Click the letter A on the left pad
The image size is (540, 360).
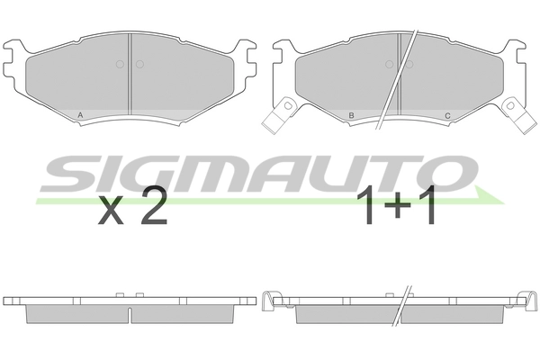tap(80, 115)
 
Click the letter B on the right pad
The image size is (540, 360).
tap(351, 115)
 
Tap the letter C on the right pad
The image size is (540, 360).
tap(447, 116)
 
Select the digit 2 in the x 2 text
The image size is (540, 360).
tap(154, 205)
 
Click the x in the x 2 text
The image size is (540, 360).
tap(111, 210)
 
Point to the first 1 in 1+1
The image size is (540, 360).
tap(366, 205)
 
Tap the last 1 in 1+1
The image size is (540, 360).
tap(427, 205)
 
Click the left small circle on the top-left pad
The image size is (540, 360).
tap(120, 64)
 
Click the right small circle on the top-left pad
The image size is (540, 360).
tap(139, 64)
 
